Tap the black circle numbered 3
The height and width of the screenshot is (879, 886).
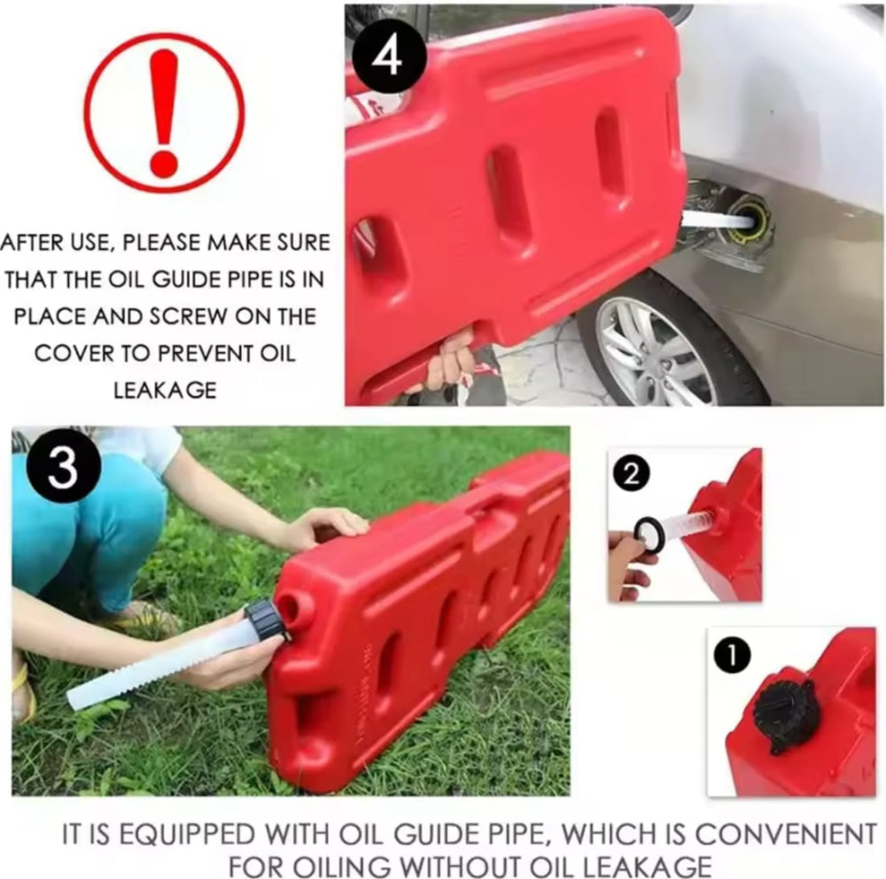[63, 467]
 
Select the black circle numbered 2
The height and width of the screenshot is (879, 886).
[633, 474]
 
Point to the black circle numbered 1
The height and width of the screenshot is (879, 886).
[732, 656]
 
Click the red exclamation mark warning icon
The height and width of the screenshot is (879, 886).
[165, 112]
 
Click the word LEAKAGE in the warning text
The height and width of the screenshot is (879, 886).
[165, 390]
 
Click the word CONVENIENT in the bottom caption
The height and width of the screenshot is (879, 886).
[785, 835]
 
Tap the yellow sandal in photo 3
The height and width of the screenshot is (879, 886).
[23, 692]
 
